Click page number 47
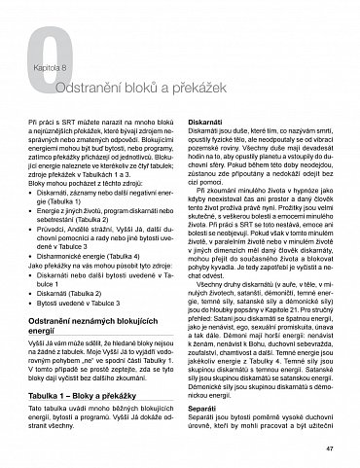coord(330,447)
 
